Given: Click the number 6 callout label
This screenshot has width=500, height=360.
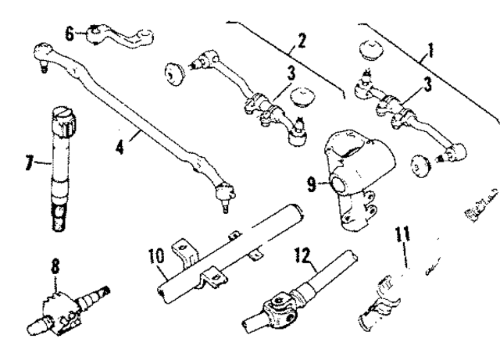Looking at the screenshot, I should point(70,34).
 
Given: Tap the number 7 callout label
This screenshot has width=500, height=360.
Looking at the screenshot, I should point(29,165).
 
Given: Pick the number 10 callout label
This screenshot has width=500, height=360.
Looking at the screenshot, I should point(155,256).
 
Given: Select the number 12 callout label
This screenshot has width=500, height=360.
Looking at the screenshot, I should point(301,255).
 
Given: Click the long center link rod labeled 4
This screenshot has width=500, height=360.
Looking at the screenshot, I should point(133,117).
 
